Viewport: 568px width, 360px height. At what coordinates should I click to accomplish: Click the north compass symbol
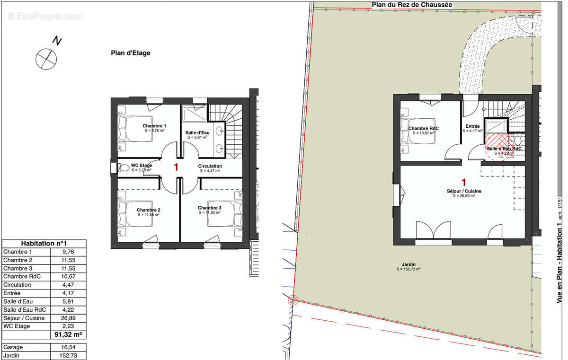(46, 58)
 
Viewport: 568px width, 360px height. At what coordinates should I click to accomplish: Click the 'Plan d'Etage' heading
(131, 53)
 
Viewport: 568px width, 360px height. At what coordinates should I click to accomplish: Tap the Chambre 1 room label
(154, 126)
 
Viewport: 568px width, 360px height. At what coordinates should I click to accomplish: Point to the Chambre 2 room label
(148, 210)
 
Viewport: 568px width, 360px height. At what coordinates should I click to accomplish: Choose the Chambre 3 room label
(209, 208)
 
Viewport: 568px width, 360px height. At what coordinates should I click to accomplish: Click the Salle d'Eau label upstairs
(198, 132)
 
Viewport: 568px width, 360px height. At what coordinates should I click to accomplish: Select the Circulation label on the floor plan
(210, 167)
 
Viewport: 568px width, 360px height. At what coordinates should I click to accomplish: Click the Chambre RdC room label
(423, 129)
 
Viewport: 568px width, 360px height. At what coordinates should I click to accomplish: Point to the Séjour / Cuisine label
(464, 191)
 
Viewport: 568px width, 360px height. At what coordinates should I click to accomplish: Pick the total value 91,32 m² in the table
(68, 335)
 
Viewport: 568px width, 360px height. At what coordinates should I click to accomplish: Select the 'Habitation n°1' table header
(44, 243)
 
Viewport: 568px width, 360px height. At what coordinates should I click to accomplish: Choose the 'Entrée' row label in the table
(13, 293)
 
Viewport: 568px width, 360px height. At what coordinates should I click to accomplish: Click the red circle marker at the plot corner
(293, 299)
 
